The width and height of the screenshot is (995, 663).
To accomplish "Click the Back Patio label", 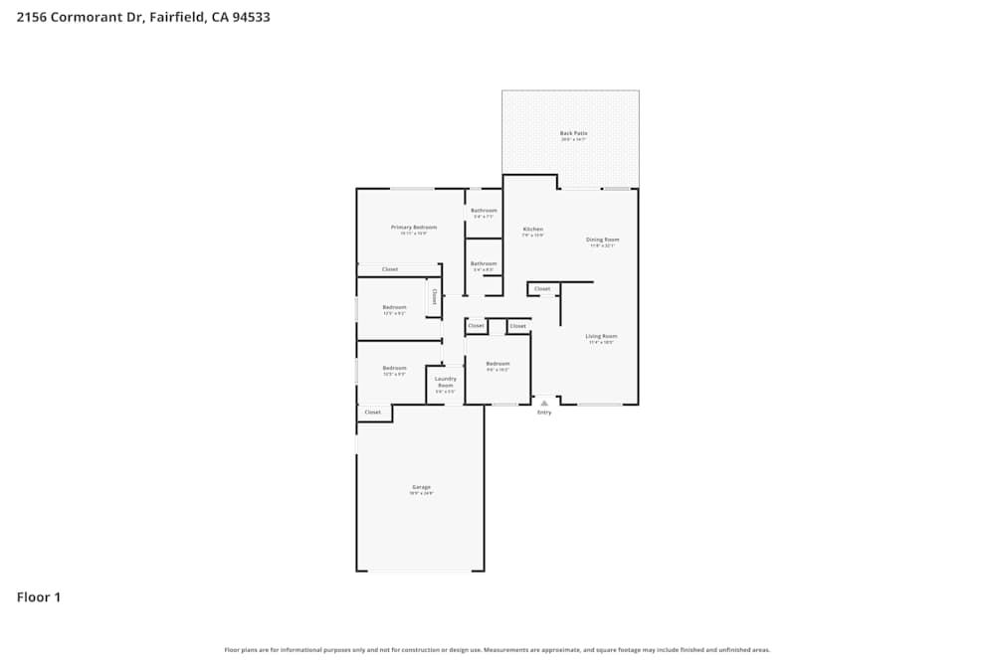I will [x=573, y=133].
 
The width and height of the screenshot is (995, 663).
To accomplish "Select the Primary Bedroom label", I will [x=413, y=228].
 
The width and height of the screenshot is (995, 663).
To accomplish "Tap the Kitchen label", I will [x=533, y=230].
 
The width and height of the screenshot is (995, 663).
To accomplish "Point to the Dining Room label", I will [x=602, y=240].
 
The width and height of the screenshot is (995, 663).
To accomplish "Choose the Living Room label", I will [x=601, y=336].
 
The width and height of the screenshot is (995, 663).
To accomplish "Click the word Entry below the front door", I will [x=544, y=413].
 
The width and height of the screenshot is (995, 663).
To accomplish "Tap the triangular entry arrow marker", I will [x=544, y=402].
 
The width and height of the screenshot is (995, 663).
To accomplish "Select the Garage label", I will [x=421, y=487].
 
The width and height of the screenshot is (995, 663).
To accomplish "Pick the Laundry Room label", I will [x=446, y=381].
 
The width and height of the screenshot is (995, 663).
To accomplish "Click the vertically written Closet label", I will [x=434, y=296].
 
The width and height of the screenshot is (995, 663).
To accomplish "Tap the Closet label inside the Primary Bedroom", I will [x=390, y=269].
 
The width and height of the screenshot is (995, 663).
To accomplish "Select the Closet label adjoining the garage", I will [x=372, y=413].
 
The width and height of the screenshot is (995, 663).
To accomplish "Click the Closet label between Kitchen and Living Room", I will [x=542, y=289].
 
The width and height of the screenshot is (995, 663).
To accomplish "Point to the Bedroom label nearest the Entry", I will [x=497, y=364].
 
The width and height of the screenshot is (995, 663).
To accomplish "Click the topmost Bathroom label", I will [x=484, y=210].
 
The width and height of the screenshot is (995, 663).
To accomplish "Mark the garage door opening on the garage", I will [x=420, y=571].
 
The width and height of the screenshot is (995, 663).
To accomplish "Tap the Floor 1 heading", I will [x=39, y=597].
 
